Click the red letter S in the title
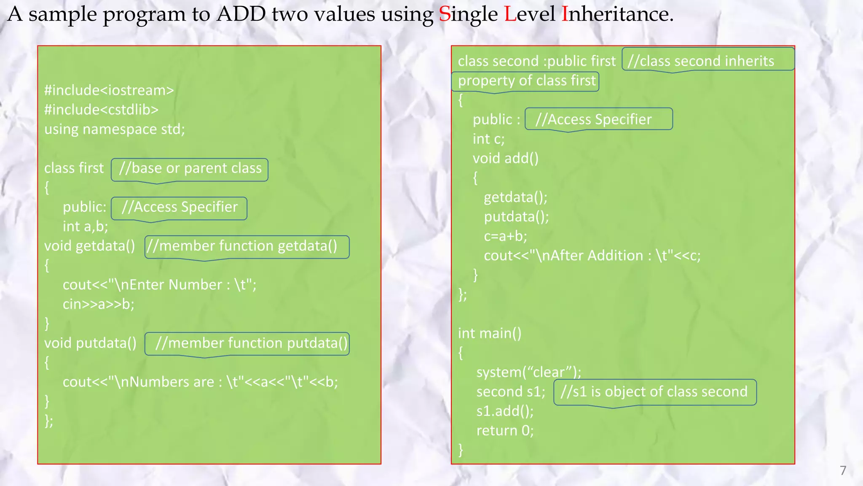[x=445, y=14]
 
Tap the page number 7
[x=843, y=470]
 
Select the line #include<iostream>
[x=109, y=90]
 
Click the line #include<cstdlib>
[x=102, y=110]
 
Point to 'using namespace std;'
[x=115, y=129]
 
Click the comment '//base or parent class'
[x=190, y=168]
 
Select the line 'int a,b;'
[x=86, y=227]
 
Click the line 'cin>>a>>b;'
[x=99, y=304]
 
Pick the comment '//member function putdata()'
[x=251, y=343]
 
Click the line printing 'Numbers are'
[x=200, y=382]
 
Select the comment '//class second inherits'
[x=701, y=61]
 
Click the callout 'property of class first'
[x=527, y=81]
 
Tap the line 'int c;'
[x=488, y=139]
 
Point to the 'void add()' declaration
[x=506, y=159]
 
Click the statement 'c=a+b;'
[x=506, y=236]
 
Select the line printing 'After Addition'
[x=592, y=256]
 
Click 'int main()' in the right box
[x=490, y=333]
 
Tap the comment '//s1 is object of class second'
[x=654, y=392]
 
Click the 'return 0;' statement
[x=505, y=431]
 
